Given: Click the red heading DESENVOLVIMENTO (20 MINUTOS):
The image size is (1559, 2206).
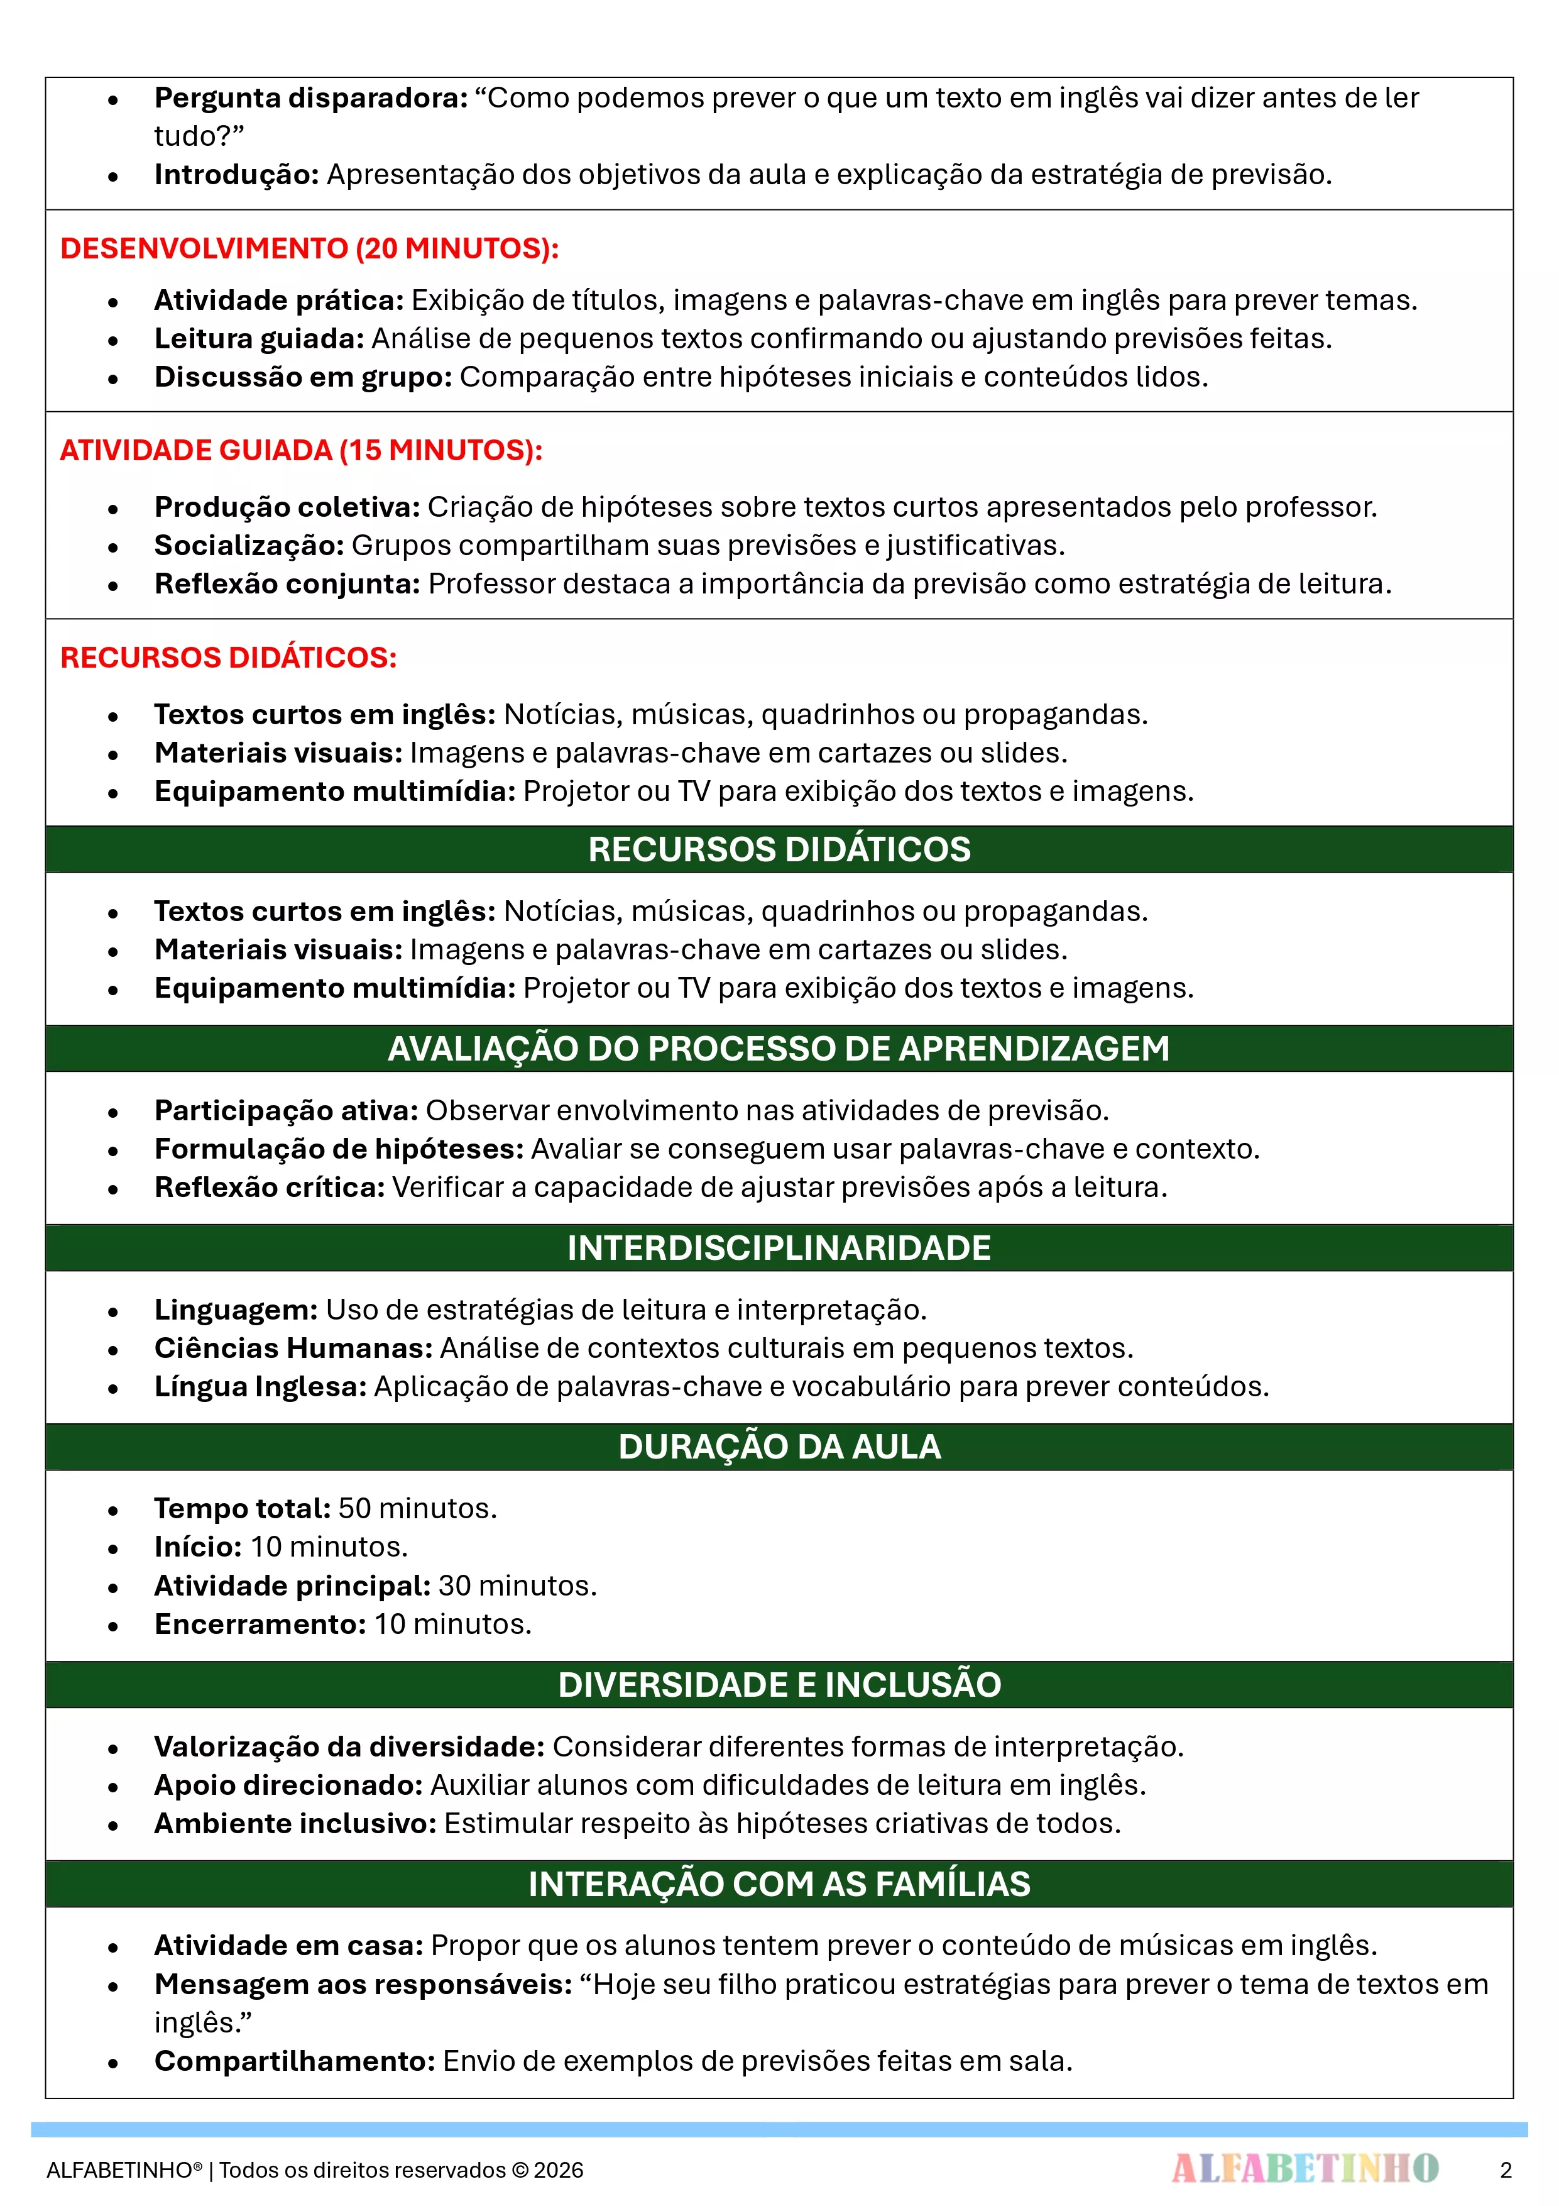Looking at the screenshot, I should (309, 249).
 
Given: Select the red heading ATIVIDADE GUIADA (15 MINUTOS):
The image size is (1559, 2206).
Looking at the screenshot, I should (300, 451).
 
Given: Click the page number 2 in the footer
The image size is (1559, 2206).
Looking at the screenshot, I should (1505, 2170).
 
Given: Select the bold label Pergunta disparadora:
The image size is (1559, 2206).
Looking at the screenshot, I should (311, 98).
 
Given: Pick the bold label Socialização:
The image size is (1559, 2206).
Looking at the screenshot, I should (249, 546).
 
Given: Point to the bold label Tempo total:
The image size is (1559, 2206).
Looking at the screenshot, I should (242, 1508).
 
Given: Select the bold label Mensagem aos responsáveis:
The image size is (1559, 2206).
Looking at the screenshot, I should (363, 1985).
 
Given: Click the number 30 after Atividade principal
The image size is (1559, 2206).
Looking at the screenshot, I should (454, 1586).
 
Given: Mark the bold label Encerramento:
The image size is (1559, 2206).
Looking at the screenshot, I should (260, 1624).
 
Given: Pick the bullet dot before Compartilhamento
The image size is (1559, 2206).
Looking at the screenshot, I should (113, 2063).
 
